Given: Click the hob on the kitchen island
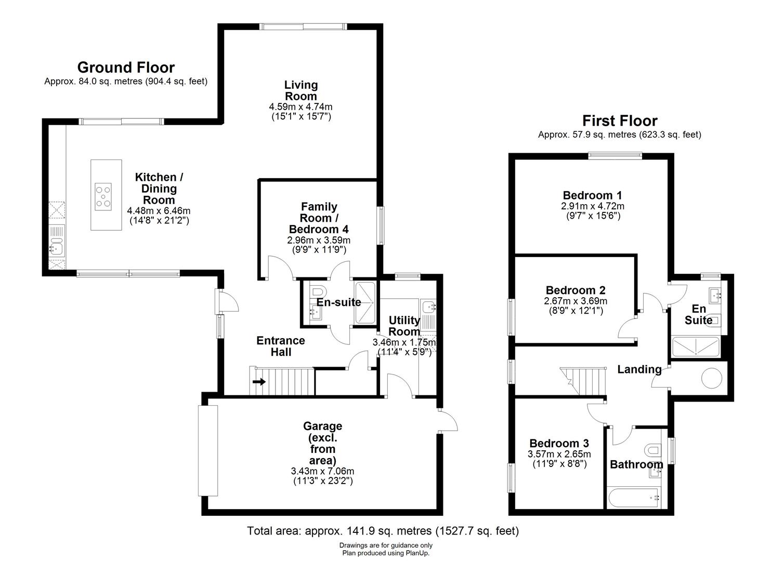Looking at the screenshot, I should click(x=103, y=197).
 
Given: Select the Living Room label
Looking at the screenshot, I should click(x=300, y=90).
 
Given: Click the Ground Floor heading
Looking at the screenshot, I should click(x=126, y=68).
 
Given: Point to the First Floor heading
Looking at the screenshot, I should click(x=619, y=121).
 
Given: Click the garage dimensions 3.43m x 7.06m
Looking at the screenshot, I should click(x=322, y=471).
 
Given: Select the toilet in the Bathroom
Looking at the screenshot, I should click(x=652, y=449).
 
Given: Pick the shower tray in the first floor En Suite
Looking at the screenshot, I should click(x=695, y=347).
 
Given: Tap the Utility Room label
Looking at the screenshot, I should click(x=404, y=326).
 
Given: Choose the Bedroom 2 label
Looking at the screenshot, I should click(x=575, y=290).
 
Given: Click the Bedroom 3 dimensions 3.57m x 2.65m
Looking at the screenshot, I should click(x=559, y=454).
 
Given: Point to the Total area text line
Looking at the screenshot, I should click(x=383, y=531).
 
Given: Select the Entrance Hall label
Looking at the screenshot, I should click(x=281, y=346).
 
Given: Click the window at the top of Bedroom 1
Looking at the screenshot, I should click(x=615, y=155).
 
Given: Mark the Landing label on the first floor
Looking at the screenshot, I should click(x=639, y=369).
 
